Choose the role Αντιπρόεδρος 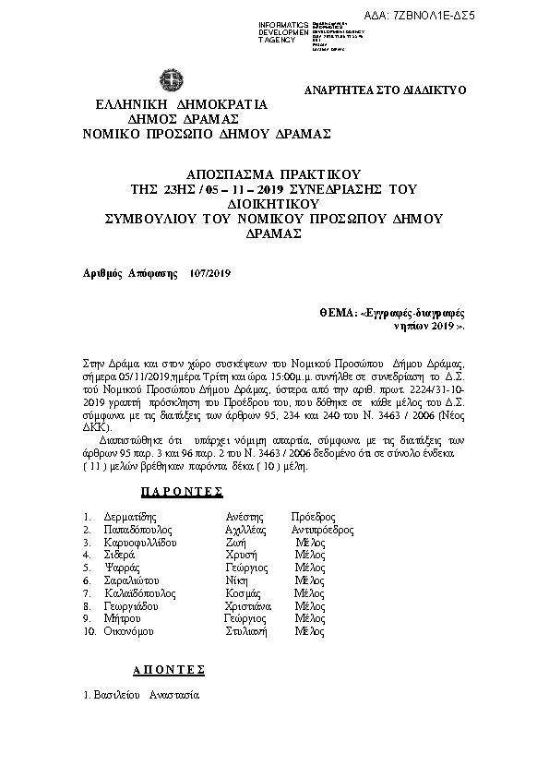pos(322,531)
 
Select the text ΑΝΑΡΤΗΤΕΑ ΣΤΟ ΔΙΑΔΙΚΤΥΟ pos(385,90)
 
